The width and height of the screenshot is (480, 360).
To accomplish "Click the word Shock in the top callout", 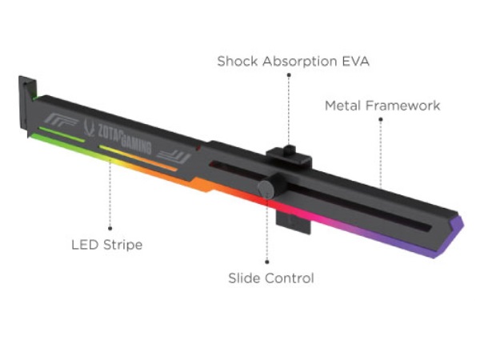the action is (x=238, y=62).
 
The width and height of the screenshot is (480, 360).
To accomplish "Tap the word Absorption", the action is (x=299, y=62).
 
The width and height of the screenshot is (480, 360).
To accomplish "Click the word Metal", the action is (x=343, y=106).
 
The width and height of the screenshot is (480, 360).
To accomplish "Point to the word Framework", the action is (x=403, y=106).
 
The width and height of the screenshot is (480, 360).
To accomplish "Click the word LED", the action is (x=85, y=245).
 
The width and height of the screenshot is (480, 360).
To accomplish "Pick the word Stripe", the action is (x=122, y=246).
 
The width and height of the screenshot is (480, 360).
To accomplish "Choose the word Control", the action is (x=290, y=278).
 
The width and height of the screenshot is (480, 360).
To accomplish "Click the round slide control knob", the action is (x=266, y=189).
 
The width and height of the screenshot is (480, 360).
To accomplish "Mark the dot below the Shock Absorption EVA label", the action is (x=289, y=75).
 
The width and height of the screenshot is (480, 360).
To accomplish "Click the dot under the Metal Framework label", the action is (x=381, y=119).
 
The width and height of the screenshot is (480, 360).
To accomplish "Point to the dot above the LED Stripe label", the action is (x=110, y=228).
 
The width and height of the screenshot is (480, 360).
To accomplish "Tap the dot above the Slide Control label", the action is (x=267, y=262).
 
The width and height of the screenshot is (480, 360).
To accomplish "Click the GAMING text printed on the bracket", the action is (x=136, y=144).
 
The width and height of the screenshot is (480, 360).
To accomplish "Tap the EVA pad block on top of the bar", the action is (x=290, y=156).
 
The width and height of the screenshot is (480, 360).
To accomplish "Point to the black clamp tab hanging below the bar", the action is (x=294, y=222).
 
